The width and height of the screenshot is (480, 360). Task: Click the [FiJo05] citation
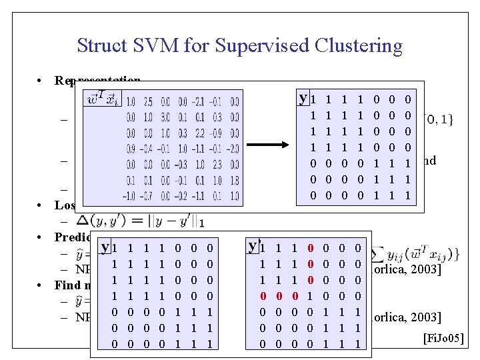[443, 339]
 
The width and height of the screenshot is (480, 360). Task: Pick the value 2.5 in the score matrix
[147, 102]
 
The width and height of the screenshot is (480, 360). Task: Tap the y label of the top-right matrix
[303, 99]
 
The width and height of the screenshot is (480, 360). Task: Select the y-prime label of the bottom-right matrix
[253, 246]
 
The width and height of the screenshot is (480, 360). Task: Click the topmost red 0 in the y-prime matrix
[311, 248]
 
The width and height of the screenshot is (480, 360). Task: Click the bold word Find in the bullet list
[67, 285]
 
